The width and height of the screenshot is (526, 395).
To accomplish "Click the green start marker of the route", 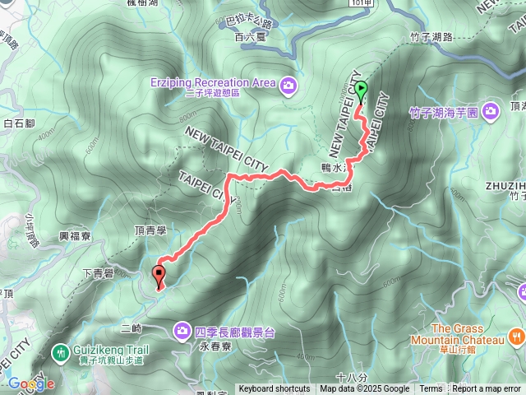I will pyautogui.click(x=360, y=95).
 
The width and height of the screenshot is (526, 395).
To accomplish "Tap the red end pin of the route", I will pyautogui.click(x=159, y=276).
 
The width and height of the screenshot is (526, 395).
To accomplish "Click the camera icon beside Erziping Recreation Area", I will pyautogui.click(x=288, y=83).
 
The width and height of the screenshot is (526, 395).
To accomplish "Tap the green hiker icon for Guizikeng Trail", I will pyautogui.click(x=59, y=351).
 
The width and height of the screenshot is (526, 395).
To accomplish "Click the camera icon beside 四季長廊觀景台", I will pyautogui.click(x=181, y=331).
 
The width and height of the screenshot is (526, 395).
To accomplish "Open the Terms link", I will pyautogui.click(x=431, y=389).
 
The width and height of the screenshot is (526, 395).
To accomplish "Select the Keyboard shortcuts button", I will pyautogui.click(x=275, y=389).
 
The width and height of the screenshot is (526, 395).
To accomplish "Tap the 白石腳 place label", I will pyautogui.click(x=18, y=123).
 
